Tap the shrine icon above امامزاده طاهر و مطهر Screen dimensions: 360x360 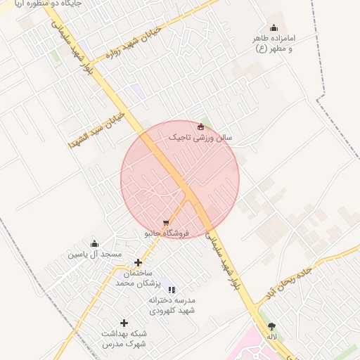[x=274, y=27]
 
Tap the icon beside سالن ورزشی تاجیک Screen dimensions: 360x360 [x=201, y=127]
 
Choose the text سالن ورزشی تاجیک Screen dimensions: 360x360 [x=205, y=138]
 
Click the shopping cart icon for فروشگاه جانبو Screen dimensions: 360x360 [x=166, y=223]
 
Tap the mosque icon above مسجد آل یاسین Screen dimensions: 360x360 [x=95, y=243]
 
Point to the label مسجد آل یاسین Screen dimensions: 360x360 [x=94, y=254]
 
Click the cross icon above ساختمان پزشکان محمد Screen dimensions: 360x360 [x=138, y=262]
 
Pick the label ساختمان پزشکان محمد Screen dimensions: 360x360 [x=139, y=278]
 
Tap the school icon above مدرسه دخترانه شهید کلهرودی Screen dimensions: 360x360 [x=172, y=289]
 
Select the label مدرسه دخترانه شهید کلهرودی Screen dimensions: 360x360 [x=172, y=304]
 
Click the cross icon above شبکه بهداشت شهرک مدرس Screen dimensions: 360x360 [x=124, y=323]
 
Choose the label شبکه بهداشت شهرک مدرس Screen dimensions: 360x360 [x=122, y=338]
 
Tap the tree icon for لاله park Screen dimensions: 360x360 [x=271, y=326]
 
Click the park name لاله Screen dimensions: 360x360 [x=271, y=337]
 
